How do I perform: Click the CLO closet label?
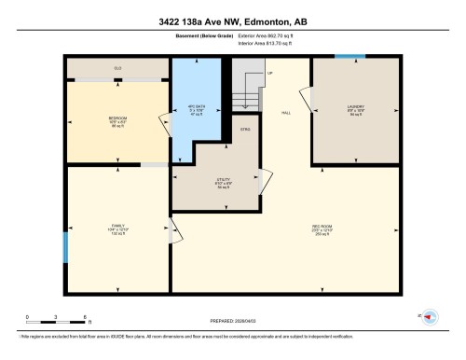(117, 69)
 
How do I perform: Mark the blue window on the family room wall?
(64, 247)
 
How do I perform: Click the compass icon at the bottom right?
(430, 317)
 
